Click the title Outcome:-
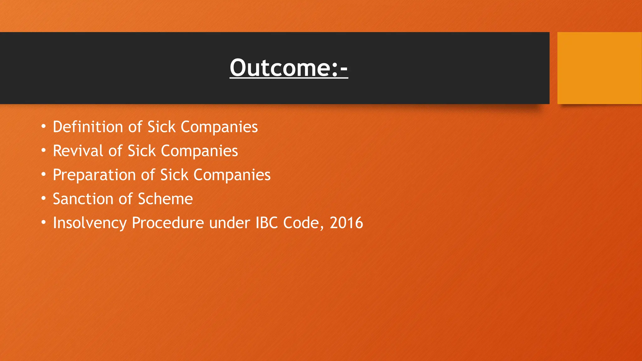289,68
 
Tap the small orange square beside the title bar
599,68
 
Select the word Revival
78,151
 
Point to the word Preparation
94,175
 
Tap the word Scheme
165,199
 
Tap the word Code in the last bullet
303,223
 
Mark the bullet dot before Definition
44,127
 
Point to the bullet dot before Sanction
44,199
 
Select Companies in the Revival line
199,151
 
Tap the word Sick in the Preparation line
174,175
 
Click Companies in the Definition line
219,127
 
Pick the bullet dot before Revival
44,151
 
